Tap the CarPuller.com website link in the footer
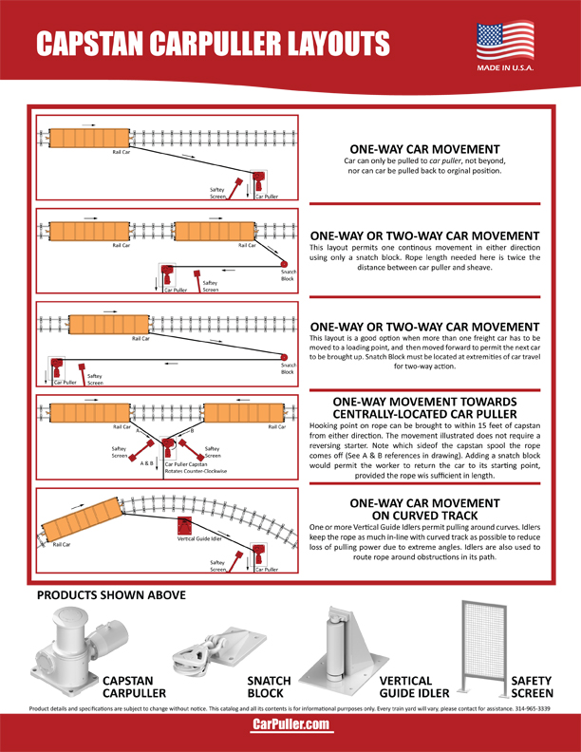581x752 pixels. pos(290,724)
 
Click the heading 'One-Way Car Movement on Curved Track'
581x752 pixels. pos(424,508)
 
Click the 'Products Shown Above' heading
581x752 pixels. pos(110,595)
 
